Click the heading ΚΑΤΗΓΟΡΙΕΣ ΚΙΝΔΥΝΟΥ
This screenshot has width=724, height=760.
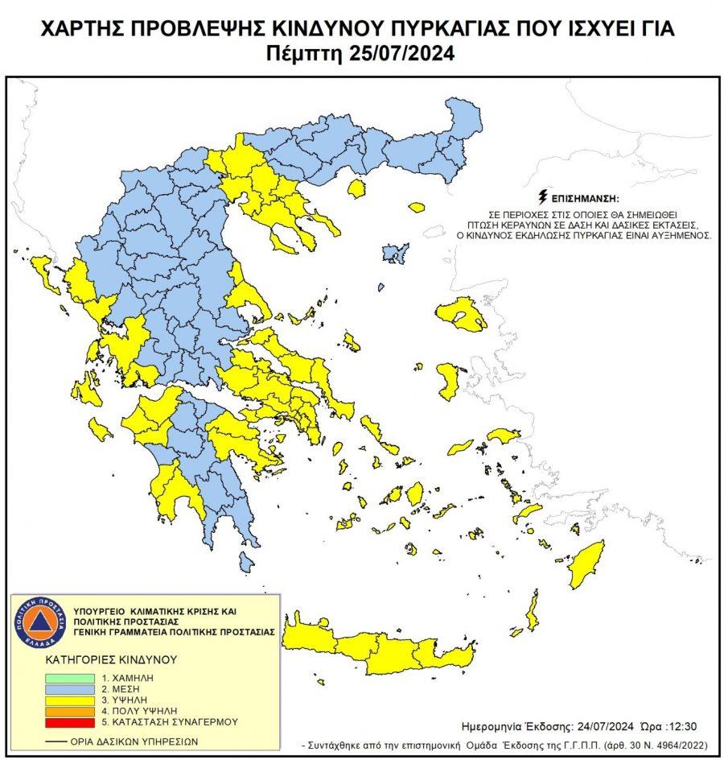click(x=110, y=659)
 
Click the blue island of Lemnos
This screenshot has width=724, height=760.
click(x=394, y=254)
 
